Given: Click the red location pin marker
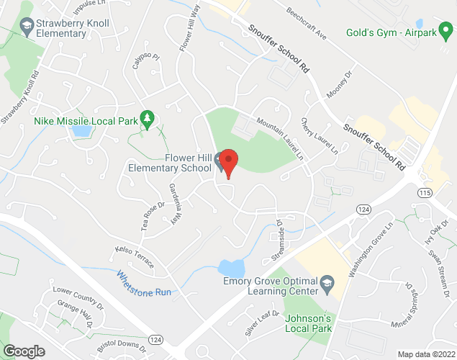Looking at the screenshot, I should coord(229,162).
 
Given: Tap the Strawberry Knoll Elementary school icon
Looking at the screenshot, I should coord(27,26).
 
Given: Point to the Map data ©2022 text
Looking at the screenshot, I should coord(425,354).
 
